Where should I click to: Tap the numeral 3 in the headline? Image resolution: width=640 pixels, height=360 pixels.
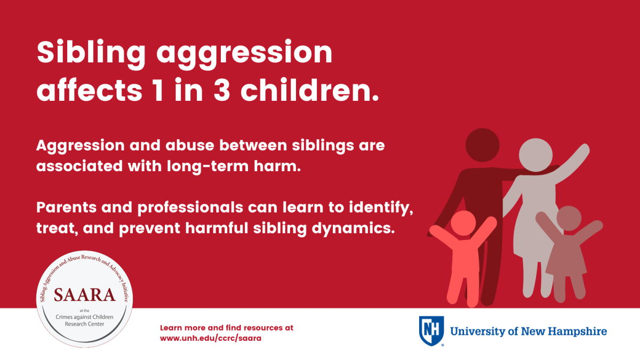tap(222, 90)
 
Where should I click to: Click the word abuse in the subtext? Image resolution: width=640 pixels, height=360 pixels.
tap(190, 146)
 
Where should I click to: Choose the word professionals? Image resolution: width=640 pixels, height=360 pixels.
tap(190, 208)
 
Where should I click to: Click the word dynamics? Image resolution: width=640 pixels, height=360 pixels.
tap(353, 229)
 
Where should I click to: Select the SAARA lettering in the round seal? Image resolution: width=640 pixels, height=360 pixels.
tap(85, 295)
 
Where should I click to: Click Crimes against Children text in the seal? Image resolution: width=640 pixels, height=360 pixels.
tap(84, 317)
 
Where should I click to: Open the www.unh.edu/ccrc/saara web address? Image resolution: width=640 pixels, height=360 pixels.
tap(211, 338)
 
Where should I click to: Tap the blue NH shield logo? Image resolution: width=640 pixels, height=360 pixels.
tap(431, 331)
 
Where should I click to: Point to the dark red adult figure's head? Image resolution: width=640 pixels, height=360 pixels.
tap(482, 145)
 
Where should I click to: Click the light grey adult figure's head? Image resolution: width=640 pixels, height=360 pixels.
tap(535, 155)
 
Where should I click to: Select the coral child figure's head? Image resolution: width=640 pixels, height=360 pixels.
tap(463, 223)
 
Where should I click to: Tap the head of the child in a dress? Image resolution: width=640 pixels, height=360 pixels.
tap(569, 218)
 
